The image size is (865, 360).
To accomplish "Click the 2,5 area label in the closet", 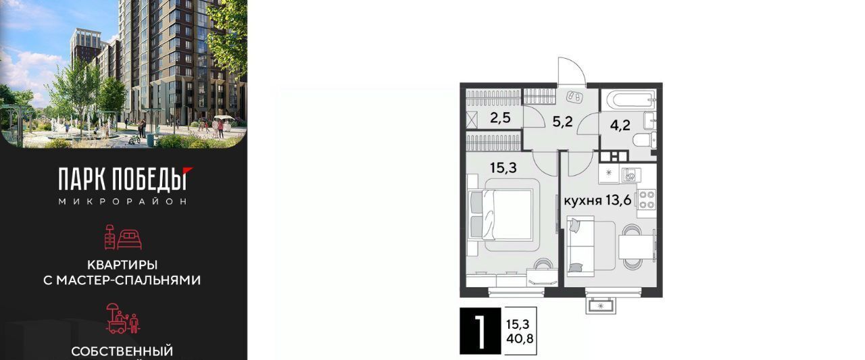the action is pyautogui.click(x=500, y=118).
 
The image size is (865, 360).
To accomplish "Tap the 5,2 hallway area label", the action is pyautogui.click(x=562, y=122).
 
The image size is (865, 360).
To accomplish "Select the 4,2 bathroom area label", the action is pyautogui.click(x=620, y=125).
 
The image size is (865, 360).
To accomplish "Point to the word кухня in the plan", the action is pyautogui.click(x=583, y=201).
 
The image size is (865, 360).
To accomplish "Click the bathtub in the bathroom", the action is pyautogui.click(x=631, y=99).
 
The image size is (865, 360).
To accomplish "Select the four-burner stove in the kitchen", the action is pyautogui.click(x=647, y=199).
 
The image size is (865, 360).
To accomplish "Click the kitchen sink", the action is pyautogui.click(x=631, y=175).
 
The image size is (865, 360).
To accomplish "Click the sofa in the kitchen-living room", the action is pyautogui.click(x=580, y=246).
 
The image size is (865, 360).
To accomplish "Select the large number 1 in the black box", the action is pyautogui.click(x=480, y=331).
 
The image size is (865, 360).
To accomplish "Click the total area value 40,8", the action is pyautogui.click(x=520, y=339).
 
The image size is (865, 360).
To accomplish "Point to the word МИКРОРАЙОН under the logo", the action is pyautogui.click(x=123, y=201).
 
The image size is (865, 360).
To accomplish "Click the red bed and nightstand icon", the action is pyautogui.click(x=123, y=236).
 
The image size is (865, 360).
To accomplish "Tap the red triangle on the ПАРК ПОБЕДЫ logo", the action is pyautogui.click(x=188, y=170).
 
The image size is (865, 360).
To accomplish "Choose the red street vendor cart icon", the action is pyautogui.click(x=123, y=319).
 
